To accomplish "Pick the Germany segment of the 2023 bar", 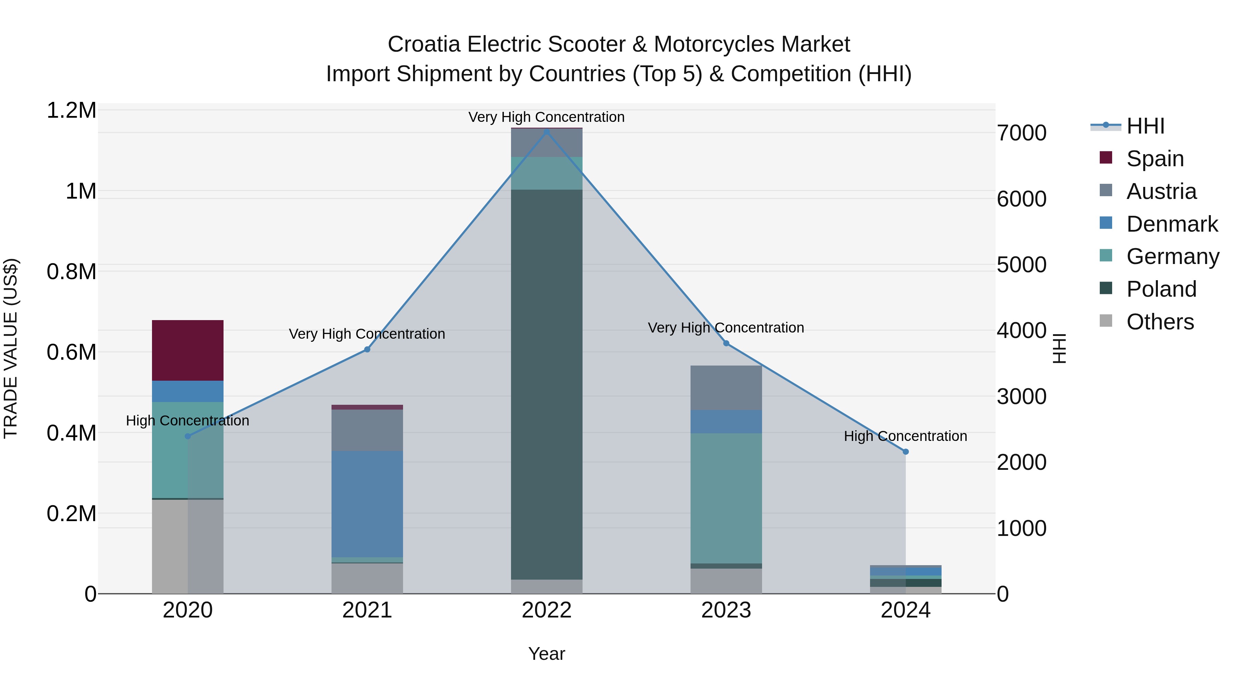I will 726,498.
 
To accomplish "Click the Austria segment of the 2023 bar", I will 726,388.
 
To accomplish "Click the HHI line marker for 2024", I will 905,452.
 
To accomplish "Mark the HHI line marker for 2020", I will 188,436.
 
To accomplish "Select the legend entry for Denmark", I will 1172,224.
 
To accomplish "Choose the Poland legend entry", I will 1161,289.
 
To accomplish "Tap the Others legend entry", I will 1160,322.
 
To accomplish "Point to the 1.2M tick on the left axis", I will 71,110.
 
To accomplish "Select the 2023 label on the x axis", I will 726,610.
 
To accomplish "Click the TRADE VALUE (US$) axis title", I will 11,348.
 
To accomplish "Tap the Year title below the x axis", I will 546,654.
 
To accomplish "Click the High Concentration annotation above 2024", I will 905,436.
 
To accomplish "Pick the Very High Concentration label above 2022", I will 546,117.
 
